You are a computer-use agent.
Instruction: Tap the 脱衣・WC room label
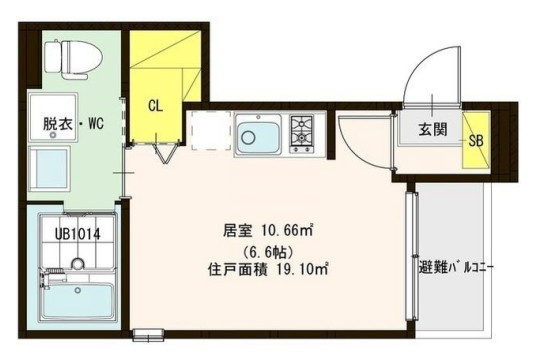click(x=72, y=125)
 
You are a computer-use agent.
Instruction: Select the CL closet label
click(x=156, y=104)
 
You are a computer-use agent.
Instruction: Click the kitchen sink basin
click(x=258, y=135)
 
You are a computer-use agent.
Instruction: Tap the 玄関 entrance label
click(x=432, y=129)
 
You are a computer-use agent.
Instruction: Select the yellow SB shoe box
click(x=476, y=140)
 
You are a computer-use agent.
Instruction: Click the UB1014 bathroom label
click(x=76, y=235)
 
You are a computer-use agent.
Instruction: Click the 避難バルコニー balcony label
click(x=454, y=268)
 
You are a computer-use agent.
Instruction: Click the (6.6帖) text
click(x=268, y=249)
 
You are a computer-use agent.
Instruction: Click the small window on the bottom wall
click(x=147, y=334)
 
